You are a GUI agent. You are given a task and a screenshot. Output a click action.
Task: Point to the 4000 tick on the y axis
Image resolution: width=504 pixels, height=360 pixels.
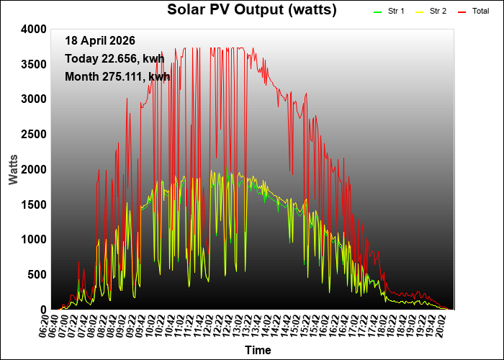coord(35,30)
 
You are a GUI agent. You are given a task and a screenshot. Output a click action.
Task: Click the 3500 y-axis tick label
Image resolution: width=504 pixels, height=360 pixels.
coord(35,64)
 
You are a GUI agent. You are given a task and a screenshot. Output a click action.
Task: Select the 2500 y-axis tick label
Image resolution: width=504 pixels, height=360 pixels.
coord(35,135)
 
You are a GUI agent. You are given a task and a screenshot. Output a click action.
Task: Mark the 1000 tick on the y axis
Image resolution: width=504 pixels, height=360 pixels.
coord(35,240)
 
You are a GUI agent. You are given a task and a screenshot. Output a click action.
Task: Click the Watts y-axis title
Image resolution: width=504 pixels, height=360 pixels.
coord(14,168)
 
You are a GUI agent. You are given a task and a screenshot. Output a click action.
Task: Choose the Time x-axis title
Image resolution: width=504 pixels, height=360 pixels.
coord(258,351)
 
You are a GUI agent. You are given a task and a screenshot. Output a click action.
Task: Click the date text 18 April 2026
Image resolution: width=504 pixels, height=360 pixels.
coord(99,41)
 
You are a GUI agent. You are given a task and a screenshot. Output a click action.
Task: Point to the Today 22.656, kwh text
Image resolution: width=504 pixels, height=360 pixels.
coord(114,59)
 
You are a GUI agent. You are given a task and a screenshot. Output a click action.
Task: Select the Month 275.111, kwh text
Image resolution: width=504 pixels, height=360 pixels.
coord(117,76)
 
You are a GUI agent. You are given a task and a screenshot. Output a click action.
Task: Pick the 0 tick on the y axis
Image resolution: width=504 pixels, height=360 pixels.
coord(43,310)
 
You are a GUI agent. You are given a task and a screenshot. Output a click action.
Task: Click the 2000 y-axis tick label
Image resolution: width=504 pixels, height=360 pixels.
coord(35,170)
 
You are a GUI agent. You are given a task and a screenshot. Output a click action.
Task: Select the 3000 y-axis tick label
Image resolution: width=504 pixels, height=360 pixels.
coord(35,99)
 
